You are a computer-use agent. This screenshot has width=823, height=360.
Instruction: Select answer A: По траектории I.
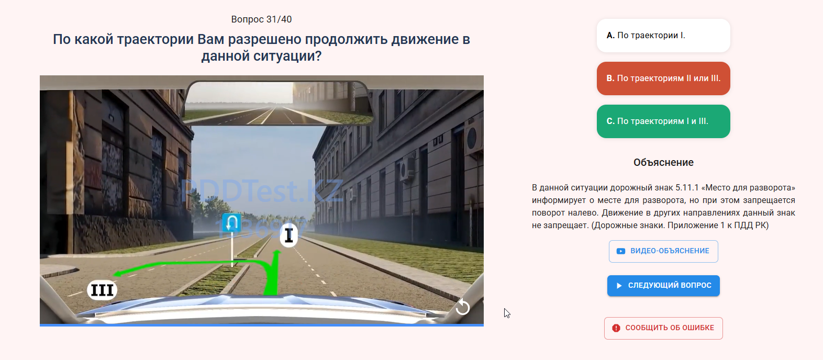(x=663, y=36)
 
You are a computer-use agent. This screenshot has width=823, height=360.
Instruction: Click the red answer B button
(x=663, y=78)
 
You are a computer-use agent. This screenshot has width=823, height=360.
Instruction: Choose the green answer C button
(x=663, y=121)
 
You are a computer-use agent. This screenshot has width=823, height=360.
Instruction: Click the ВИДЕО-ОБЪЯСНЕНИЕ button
(x=663, y=251)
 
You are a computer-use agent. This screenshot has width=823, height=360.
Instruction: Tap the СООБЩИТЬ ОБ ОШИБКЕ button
(x=663, y=328)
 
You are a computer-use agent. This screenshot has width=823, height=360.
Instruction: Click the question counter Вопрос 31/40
(x=261, y=19)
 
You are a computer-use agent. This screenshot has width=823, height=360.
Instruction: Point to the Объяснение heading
(x=663, y=162)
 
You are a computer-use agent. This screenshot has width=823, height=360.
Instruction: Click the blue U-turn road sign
(x=231, y=222)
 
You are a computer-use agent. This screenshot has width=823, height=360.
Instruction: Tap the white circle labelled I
(x=289, y=235)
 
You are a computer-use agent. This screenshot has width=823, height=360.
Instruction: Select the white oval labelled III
(x=102, y=290)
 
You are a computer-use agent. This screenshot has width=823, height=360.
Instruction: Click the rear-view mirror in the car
(x=278, y=103)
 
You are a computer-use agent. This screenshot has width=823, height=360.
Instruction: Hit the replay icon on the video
(x=463, y=307)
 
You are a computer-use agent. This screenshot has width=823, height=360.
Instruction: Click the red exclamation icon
(x=616, y=328)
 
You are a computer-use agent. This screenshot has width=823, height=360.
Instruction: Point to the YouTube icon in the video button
(x=620, y=251)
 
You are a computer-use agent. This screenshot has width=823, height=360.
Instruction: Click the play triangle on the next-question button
(x=619, y=285)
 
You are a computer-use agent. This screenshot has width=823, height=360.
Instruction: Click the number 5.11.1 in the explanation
(x=687, y=188)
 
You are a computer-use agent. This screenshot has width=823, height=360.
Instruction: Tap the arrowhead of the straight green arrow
(x=277, y=253)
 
